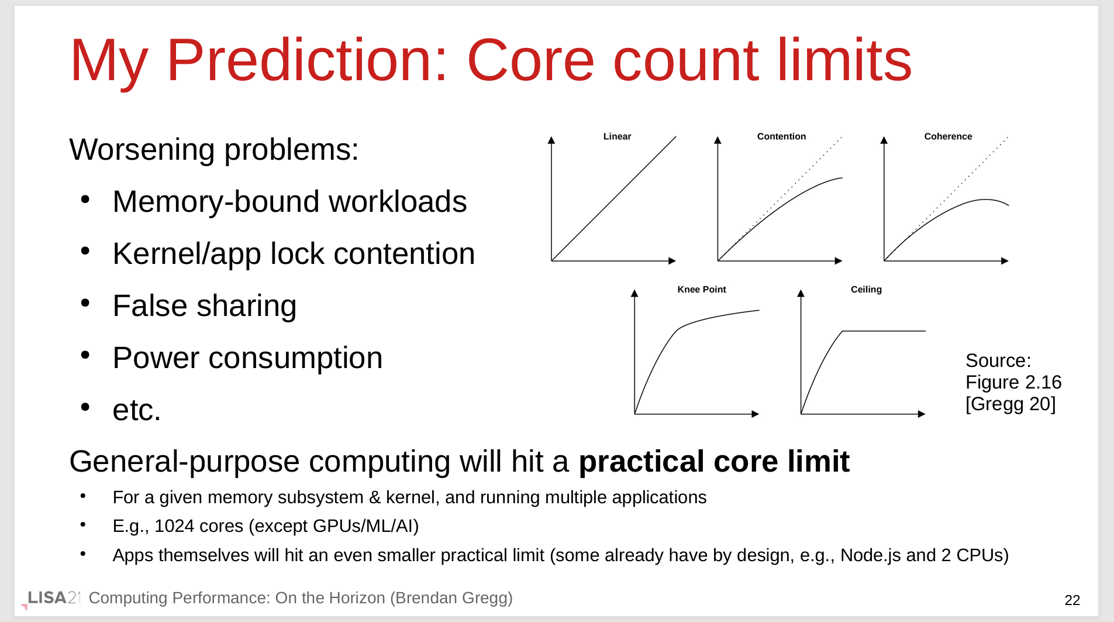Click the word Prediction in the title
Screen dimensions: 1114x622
coord(307,60)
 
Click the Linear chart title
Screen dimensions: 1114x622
coord(617,136)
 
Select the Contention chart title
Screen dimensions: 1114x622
coord(781,136)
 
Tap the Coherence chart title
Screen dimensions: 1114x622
coord(948,136)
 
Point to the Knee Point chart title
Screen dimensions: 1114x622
coord(702,289)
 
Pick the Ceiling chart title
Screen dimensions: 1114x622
coord(866,289)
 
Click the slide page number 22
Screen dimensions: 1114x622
coord(1072,600)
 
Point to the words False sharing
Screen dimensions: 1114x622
coord(205,305)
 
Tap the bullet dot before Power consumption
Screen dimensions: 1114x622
coord(85,355)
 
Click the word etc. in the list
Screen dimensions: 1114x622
coord(136,410)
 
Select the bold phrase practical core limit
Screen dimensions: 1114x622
coord(714,461)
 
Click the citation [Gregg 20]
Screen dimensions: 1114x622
coord(1010,404)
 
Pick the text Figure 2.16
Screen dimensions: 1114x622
coord(1013,382)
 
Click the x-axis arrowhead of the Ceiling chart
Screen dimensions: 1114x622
coord(922,414)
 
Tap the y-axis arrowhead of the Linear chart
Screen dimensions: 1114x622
coord(551,140)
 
